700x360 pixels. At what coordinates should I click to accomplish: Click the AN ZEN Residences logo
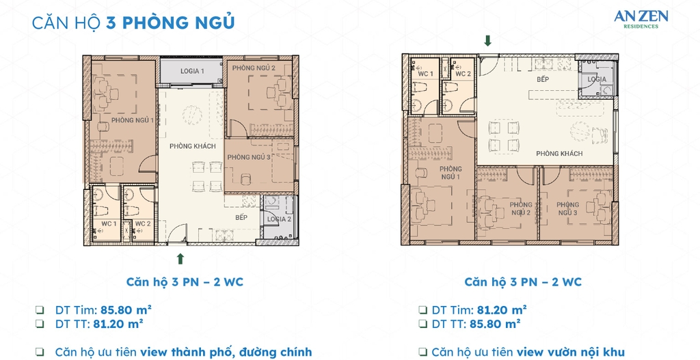point(641,18)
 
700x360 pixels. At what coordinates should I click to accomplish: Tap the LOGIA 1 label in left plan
point(191,71)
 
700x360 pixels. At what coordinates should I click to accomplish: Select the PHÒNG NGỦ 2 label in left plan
point(253,68)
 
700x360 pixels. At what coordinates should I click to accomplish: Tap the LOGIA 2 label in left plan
point(279,219)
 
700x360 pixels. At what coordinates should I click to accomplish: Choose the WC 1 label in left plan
point(109,223)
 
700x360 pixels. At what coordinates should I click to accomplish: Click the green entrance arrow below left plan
point(180,258)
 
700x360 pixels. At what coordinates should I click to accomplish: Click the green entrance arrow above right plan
point(487,41)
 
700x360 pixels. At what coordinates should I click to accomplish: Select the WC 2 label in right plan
point(463,74)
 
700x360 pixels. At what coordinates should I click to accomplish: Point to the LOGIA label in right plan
point(597,79)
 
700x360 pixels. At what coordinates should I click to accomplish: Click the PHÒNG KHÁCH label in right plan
point(559,154)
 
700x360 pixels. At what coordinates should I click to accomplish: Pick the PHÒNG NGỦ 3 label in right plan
point(567,209)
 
